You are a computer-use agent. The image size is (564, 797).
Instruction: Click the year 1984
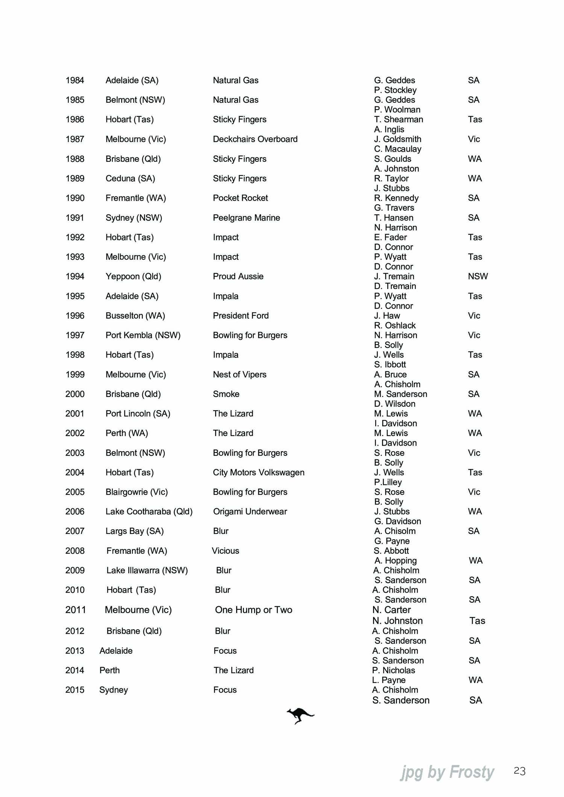pos(74,80)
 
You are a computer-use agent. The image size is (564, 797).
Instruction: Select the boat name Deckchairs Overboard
pos(255,139)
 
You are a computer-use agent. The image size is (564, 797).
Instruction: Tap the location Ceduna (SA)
pos(130,178)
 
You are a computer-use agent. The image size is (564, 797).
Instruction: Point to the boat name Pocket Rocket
pos(240,198)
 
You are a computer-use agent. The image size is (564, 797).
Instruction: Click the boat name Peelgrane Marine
pos(246,218)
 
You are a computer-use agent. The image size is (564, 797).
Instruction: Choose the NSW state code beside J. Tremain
pos(478,276)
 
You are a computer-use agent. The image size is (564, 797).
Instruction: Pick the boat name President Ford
pos(241,316)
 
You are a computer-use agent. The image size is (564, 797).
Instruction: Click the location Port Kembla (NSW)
pos(143,335)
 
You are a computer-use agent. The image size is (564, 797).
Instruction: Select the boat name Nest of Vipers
pos(240,374)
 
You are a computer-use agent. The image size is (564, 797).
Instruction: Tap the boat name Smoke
pos(226,394)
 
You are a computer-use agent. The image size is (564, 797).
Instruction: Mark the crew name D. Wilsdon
pos(394,404)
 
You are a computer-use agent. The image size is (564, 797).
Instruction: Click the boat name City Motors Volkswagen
pos(258,472)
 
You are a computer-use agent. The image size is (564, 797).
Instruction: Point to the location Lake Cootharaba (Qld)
pos(149,511)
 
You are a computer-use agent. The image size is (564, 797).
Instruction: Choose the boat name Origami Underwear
pos(250,511)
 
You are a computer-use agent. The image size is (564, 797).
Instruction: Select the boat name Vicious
pos(225,551)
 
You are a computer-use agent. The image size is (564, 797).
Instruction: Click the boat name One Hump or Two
pos(253,610)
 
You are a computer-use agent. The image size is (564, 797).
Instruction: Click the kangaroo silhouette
pos(300,715)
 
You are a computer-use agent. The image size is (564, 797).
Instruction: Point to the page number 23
pos(519,771)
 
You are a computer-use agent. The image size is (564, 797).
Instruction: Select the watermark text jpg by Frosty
pos(447,772)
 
